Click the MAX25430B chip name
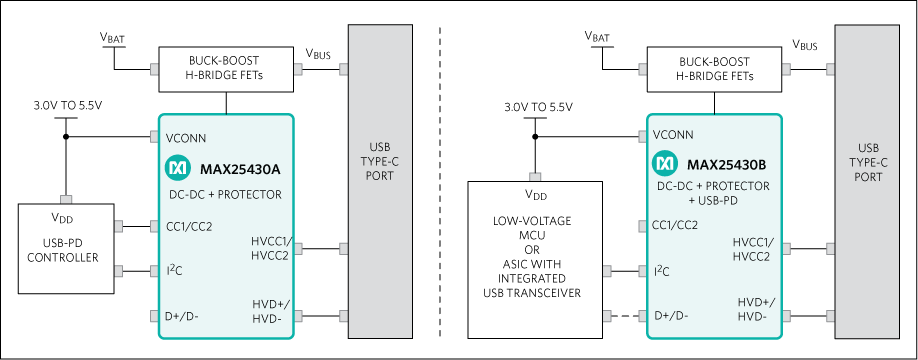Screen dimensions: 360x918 click(x=726, y=163)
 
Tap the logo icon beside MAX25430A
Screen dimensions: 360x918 click(x=177, y=166)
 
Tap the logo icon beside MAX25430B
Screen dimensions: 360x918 click(x=665, y=163)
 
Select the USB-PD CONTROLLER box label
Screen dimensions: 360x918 click(x=62, y=250)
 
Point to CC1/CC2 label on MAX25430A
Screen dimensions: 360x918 click(x=189, y=226)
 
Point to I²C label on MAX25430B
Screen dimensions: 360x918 click(x=661, y=271)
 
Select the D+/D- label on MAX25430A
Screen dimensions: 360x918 click(x=181, y=316)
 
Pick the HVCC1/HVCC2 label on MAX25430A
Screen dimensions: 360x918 click(x=270, y=248)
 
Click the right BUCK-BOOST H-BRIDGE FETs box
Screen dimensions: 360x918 click(x=713, y=69)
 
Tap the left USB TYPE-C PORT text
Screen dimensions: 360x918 click(x=379, y=160)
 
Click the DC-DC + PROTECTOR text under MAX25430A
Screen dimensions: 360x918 click(x=225, y=194)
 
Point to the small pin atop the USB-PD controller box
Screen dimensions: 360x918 click(x=66, y=199)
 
